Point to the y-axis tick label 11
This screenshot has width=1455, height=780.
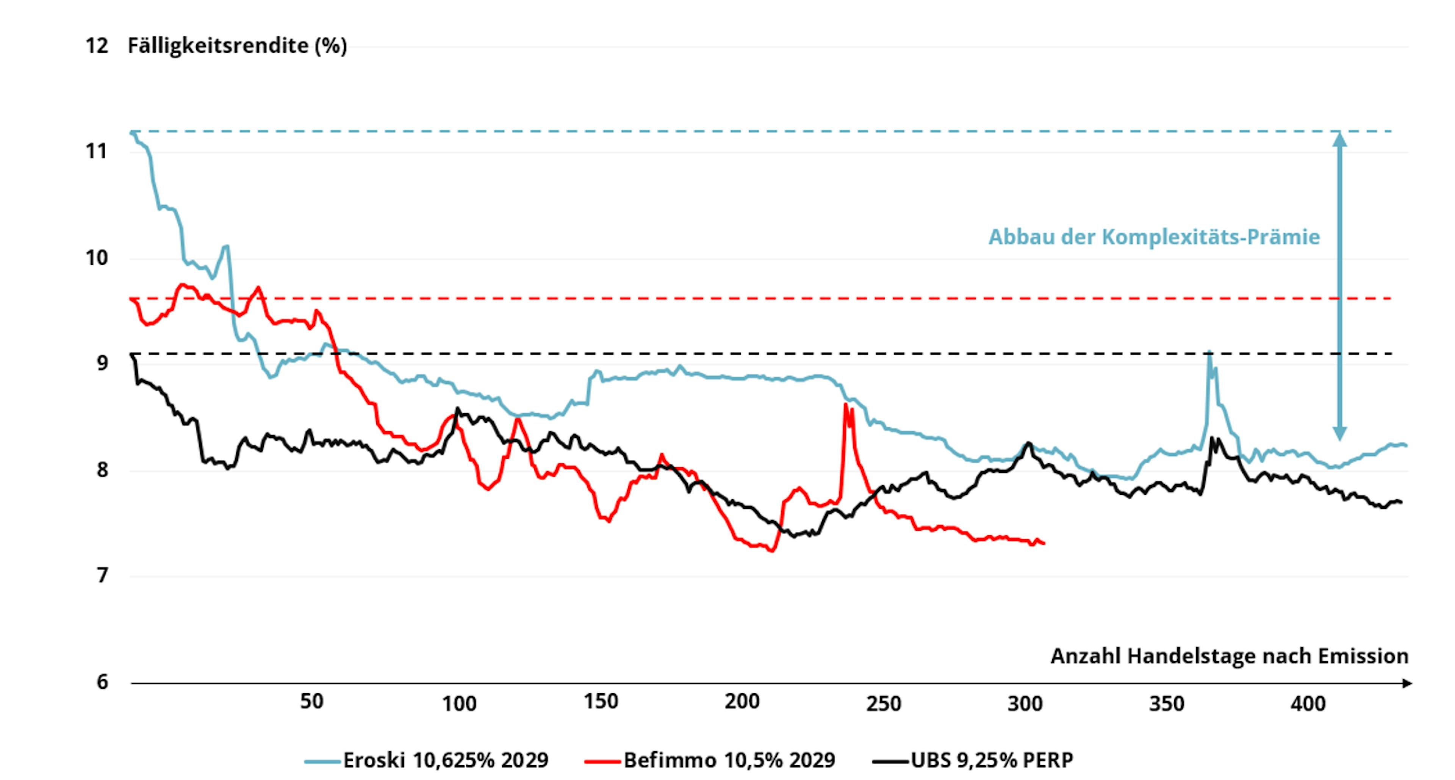tap(97, 152)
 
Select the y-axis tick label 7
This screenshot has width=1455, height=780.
tap(102, 576)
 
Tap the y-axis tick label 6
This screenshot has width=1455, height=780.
tap(102, 682)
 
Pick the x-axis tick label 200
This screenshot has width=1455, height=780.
tap(742, 702)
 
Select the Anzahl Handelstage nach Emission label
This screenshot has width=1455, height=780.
tap(1229, 656)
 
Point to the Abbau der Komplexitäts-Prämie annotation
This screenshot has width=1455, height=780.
tap(1154, 237)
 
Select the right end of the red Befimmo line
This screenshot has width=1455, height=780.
tap(1044, 543)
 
